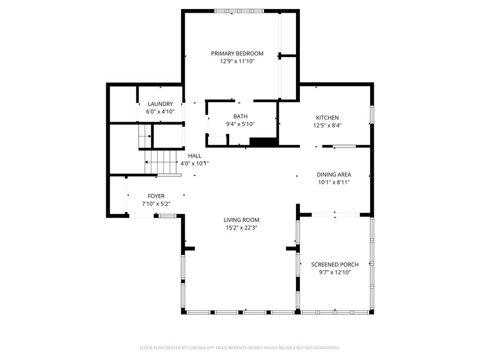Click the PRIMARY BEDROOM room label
(237, 54)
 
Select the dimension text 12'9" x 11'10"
(237, 61)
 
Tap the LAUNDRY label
(161, 104)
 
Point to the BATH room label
(241, 117)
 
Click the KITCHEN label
(327, 118)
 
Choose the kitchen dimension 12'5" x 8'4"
(327, 125)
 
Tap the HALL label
(195, 156)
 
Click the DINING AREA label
(334, 174)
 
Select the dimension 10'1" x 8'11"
(334, 182)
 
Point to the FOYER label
(156, 196)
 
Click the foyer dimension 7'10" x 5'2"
(156, 203)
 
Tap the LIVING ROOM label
(242, 220)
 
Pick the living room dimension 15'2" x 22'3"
(242, 228)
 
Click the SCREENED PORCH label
(335, 265)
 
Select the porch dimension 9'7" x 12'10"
(335, 273)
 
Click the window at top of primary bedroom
(239, 11)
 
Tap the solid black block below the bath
(263, 142)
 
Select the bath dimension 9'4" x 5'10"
(241, 124)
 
